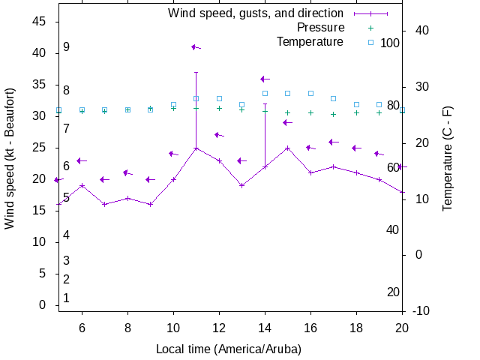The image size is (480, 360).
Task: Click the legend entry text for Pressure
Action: pyautogui.click(x=320, y=27)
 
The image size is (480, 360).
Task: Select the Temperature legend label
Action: pyautogui.click(x=310, y=41)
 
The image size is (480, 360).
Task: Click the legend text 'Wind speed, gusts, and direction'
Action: pyautogui.click(x=255, y=13)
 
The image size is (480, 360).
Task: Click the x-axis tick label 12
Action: pyautogui.click(x=219, y=328)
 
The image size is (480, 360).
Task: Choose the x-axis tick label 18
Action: pyautogui.click(x=356, y=328)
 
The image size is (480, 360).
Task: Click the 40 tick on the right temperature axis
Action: pyautogui.click(x=421, y=30)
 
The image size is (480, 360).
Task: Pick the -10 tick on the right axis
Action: pyautogui.click(x=421, y=310)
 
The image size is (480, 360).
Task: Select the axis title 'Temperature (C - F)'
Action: pyautogui.click(x=448, y=158)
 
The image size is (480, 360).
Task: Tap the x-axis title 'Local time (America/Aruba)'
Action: pyautogui.click(x=229, y=349)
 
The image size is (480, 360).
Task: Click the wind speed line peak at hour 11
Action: pyautogui.click(x=196, y=148)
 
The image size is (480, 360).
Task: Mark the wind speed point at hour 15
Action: pyautogui.click(x=287, y=148)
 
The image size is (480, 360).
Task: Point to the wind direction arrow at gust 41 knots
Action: pyautogui.click(x=196, y=47)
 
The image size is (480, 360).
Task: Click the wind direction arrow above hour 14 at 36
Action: pyautogui.click(x=265, y=79)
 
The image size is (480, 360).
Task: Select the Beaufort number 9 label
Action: pyautogui.click(x=66, y=47)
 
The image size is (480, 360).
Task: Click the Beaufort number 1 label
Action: pyautogui.click(x=66, y=298)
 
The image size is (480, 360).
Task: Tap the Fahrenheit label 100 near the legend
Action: pyautogui.click(x=390, y=43)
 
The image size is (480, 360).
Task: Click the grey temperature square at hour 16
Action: pyautogui.click(x=310, y=93)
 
